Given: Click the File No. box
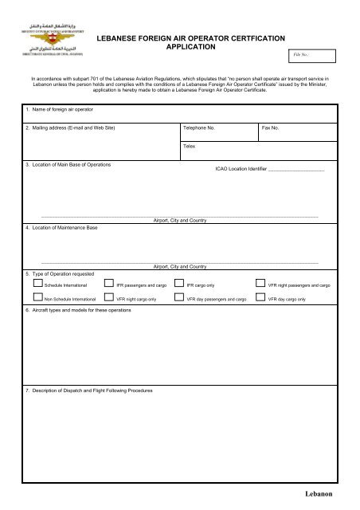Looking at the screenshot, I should coord(313,56).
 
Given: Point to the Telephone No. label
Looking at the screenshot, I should coord(199,127).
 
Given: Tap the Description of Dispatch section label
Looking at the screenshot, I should coord(88,390).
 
